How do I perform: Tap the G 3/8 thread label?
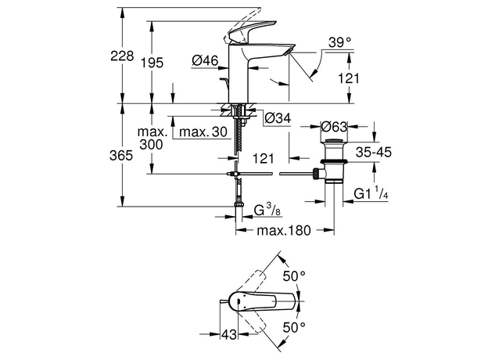(x=267, y=211)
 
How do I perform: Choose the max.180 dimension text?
(x=282, y=231)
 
